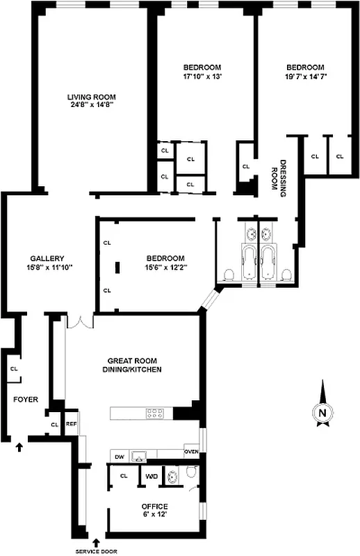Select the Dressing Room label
pos(278,178)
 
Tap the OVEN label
pos(191,452)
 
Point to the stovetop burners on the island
pos(154,414)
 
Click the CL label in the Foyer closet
pos(13,369)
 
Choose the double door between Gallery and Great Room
pos(80,322)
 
